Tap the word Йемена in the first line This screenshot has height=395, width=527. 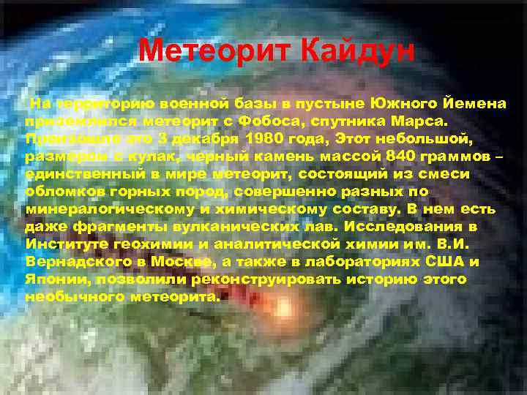(473, 102)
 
